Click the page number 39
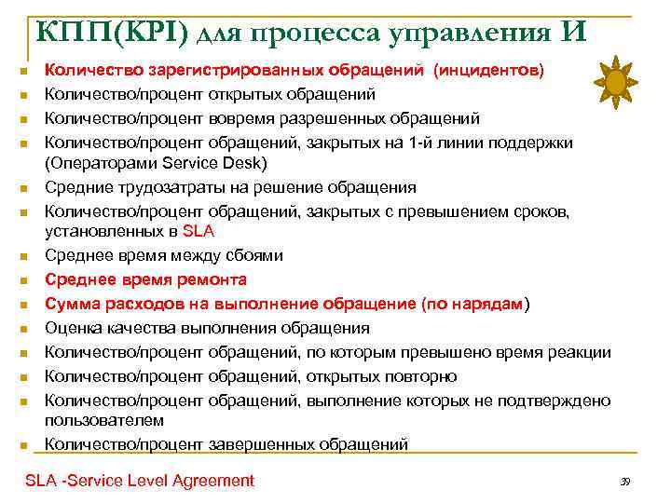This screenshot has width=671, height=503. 625,482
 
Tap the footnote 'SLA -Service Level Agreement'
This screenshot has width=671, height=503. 140,481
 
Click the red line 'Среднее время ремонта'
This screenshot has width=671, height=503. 145,279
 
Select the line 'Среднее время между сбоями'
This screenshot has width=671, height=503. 164,255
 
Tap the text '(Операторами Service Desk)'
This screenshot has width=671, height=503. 156,164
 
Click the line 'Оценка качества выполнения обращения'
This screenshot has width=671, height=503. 207,328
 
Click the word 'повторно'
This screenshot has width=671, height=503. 423,376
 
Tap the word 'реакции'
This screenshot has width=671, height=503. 582,352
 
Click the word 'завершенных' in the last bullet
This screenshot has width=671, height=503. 253,444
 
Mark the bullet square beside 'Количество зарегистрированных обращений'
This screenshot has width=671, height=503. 29,71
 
